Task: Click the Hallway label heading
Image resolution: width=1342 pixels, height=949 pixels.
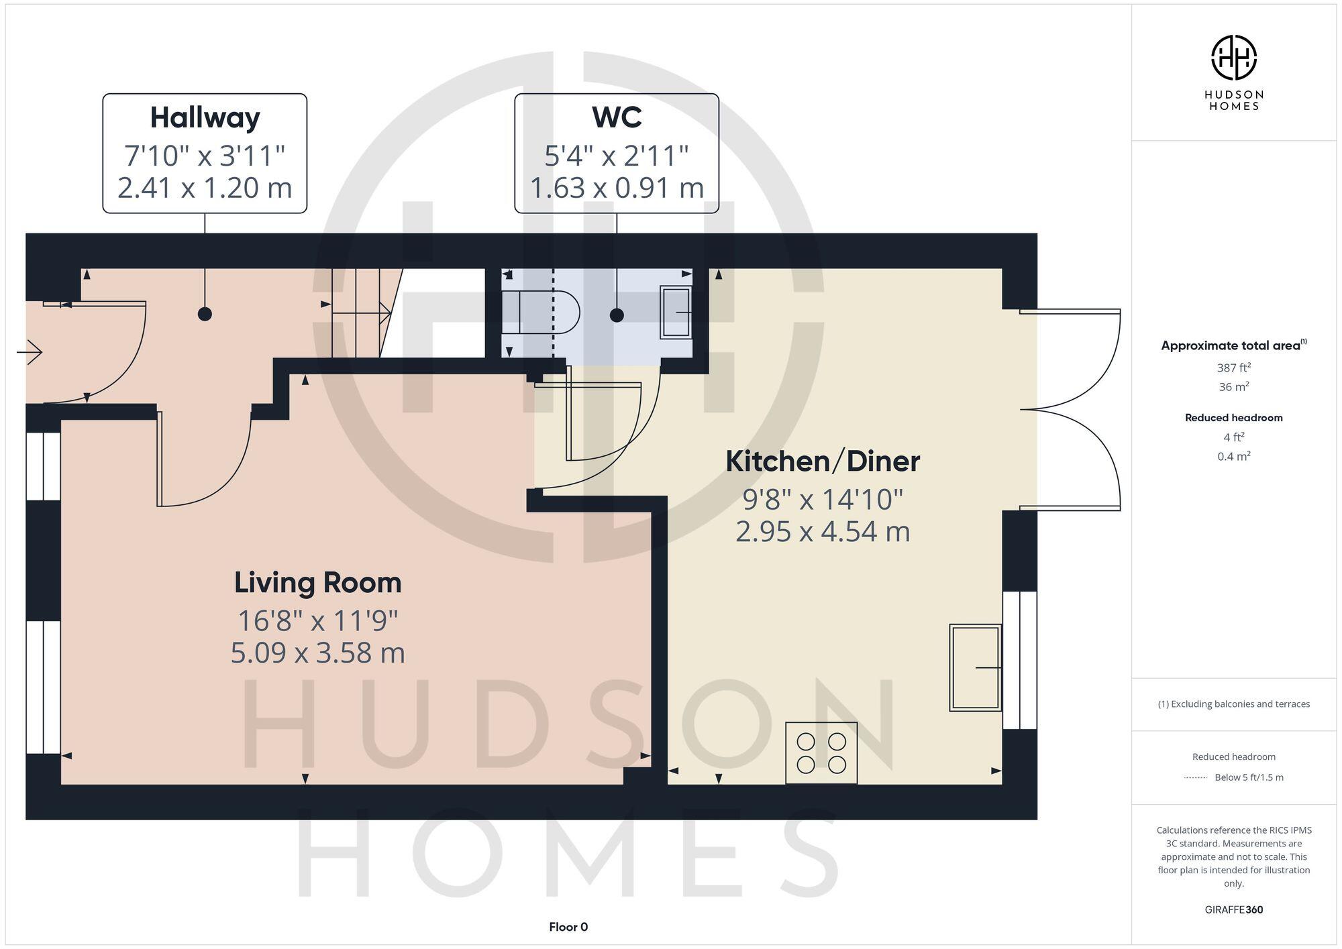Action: pyautogui.click(x=205, y=118)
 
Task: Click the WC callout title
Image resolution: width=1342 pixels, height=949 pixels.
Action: pyautogui.click(x=617, y=117)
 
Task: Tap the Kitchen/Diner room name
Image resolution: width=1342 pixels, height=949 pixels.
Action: pyautogui.click(x=823, y=461)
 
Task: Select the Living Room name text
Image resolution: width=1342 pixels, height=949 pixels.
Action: pyautogui.click(x=317, y=582)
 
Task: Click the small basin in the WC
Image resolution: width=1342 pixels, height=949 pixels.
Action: pyautogui.click(x=676, y=313)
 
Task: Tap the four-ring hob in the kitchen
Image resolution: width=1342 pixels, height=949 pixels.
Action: pyautogui.click(x=821, y=752)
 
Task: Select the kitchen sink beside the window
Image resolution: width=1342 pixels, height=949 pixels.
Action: pyautogui.click(x=975, y=667)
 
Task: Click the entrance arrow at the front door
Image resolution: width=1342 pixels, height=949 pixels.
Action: pyautogui.click(x=30, y=351)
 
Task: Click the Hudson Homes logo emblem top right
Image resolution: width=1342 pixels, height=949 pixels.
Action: pyautogui.click(x=1233, y=58)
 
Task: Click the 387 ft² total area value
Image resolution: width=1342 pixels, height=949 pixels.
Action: pyautogui.click(x=1233, y=368)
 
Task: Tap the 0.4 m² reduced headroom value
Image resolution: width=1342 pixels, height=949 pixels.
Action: pyautogui.click(x=1233, y=457)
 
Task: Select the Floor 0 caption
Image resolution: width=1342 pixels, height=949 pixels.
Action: pyautogui.click(x=568, y=927)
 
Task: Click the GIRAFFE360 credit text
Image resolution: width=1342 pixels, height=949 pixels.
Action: pyautogui.click(x=1233, y=909)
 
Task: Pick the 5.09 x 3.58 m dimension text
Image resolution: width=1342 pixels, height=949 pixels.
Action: pyautogui.click(x=317, y=653)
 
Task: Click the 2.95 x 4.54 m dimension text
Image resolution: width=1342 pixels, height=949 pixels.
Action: pyautogui.click(x=823, y=532)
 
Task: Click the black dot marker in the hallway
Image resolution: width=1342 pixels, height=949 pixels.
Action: pyautogui.click(x=205, y=314)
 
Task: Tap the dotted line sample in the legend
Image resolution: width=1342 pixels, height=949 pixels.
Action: pyautogui.click(x=1196, y=778)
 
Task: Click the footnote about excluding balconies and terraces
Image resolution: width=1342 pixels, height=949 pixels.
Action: pyautogui.click(x=1233, y=704)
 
